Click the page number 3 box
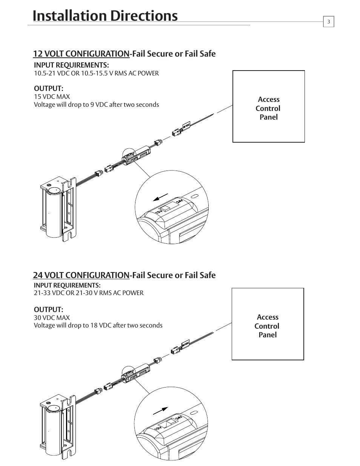[x=328, y=22]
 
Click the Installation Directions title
[x=105, y=16]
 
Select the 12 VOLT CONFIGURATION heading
[x=81, y=54]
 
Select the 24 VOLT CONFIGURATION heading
[x=81, y=275]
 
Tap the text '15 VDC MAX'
[x=52, y=97]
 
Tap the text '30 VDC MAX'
[x=52, y=318]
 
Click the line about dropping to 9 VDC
[x=96, y=105]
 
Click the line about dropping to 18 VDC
[x=98, y=325]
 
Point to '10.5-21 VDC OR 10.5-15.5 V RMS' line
[x=96, y=73]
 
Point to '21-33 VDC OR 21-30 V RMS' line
[x=89, y=293]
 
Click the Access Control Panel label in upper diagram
[x=268, y=108]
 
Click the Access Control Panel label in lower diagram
[x=267, y=326]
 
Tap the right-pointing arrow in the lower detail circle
[x=160, y=411]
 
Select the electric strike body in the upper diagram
[x=57, y=211]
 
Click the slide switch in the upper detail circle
[x=165, y=209]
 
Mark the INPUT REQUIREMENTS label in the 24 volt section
[x=67, y=285]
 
